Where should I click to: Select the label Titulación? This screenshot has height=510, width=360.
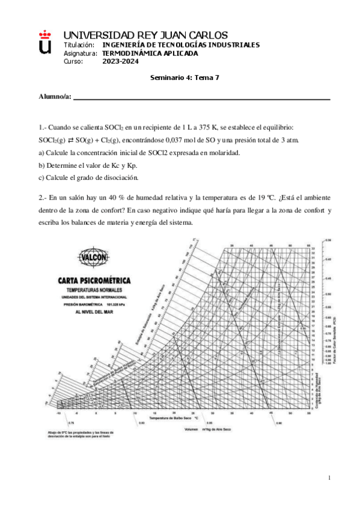click(79, 45)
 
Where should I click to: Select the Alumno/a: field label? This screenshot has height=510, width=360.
click(55, 96)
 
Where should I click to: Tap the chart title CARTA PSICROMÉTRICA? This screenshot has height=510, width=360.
click(94, 280)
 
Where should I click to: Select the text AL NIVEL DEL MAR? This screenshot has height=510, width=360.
click(94, 312)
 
